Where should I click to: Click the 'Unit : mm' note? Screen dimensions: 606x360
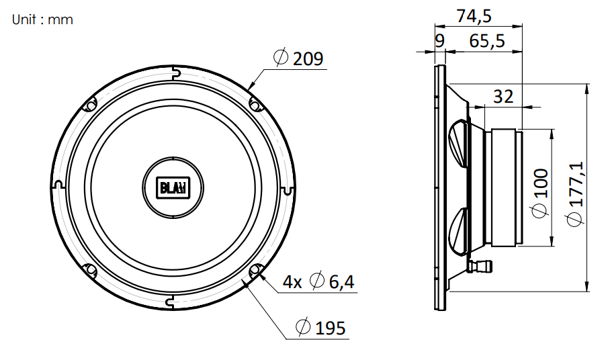point(42,19)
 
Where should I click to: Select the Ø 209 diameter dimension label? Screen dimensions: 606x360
point(298,58)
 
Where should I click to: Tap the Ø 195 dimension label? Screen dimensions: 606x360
point(320,328)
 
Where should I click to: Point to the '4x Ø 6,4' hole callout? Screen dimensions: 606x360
point(318,281)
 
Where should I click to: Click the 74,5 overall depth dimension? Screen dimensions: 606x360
point(474,16)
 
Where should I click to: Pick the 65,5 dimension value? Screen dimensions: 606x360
point(487,40)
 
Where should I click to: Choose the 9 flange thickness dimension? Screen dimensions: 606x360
point(440,40)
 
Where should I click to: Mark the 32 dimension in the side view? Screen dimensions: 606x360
point(503,97)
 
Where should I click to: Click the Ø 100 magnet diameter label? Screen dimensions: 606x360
point(540,193)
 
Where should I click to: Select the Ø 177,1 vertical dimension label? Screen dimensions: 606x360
point(574,194)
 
